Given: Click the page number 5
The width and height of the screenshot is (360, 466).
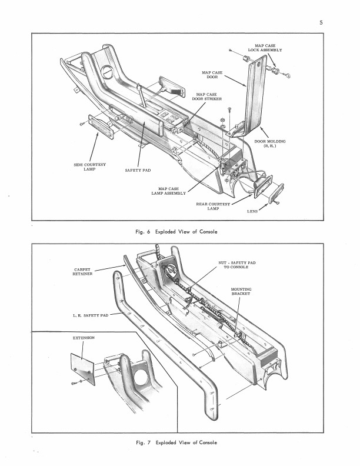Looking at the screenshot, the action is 321,22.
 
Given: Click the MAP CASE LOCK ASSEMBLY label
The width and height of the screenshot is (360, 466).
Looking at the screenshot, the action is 265,48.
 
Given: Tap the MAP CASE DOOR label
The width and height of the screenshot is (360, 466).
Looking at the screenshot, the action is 212,75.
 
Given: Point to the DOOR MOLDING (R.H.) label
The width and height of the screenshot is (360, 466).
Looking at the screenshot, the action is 269,144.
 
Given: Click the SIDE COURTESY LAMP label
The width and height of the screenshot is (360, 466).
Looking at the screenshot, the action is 89,167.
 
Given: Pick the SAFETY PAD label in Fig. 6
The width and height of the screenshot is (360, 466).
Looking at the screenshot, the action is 138,170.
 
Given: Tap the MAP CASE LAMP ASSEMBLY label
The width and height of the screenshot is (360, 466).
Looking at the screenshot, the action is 168,191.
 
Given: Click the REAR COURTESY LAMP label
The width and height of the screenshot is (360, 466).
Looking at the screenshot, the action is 213,207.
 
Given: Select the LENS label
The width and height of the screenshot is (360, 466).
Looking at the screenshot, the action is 252,212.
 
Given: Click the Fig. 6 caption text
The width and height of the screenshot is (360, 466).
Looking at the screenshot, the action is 176,232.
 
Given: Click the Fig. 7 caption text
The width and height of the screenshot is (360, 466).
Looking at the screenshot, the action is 176,442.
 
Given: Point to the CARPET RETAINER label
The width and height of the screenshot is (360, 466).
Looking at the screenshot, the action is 82,272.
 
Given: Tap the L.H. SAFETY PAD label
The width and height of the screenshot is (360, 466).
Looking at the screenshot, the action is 91,315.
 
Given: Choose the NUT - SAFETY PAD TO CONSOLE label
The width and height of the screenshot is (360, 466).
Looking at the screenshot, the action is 236,265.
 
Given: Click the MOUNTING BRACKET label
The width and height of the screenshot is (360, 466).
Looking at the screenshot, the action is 241,291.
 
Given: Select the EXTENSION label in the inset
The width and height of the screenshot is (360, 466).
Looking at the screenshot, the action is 84,338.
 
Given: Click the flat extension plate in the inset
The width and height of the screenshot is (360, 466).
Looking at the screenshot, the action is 82,369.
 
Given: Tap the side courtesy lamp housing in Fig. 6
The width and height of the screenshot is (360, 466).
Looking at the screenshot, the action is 101,127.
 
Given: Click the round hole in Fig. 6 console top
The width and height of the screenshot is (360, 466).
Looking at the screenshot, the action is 107,72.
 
